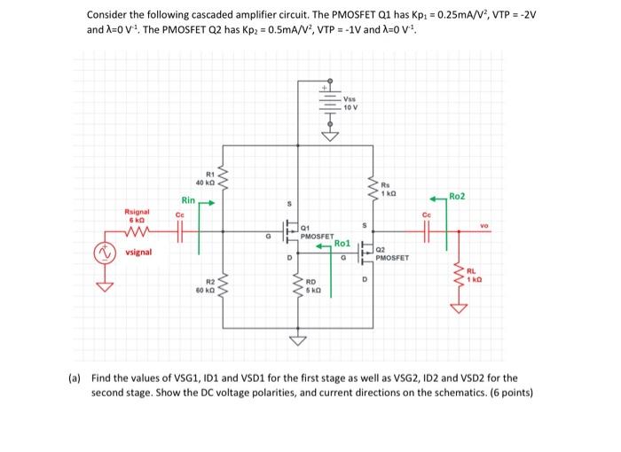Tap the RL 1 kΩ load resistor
[460, 277]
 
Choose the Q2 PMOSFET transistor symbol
[366, 254]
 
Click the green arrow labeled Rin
[206, 201]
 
